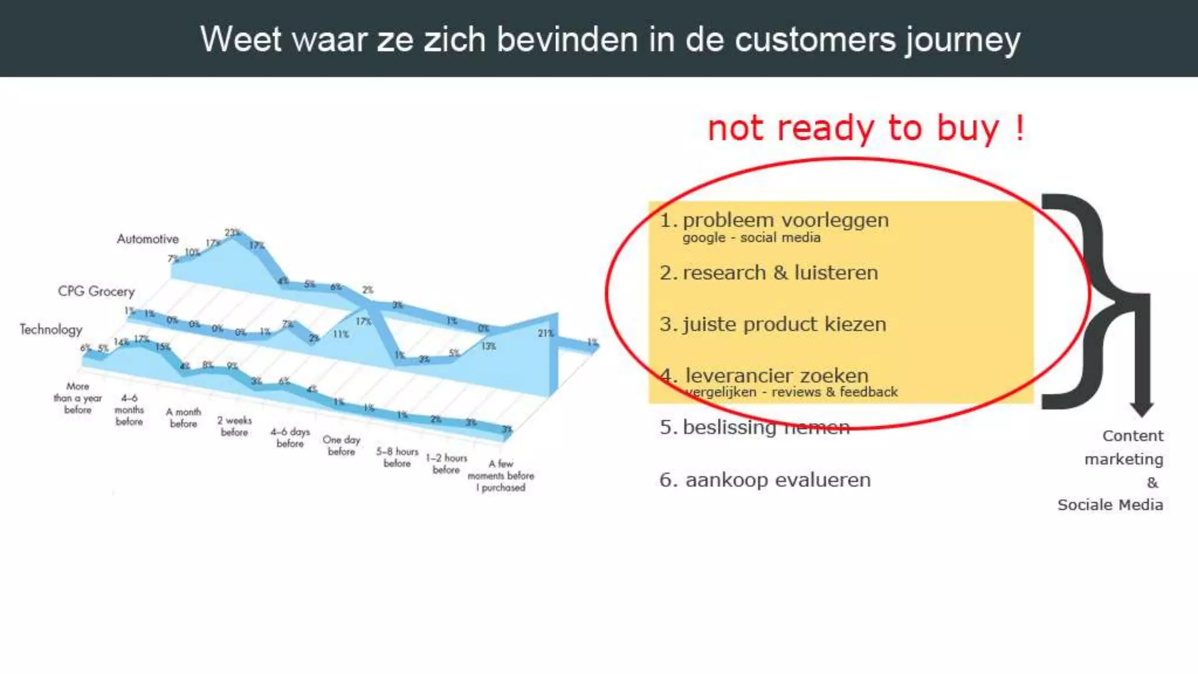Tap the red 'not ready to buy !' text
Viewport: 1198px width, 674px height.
pos(866,128)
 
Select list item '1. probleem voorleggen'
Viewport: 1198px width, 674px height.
pos(774,221)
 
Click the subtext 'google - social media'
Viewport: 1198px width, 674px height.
pos(751,238)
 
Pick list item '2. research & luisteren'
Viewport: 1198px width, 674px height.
pos(769,273)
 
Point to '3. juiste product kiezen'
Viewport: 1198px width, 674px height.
pos(773,324)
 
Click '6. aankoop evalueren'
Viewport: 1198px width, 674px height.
pos(765,480)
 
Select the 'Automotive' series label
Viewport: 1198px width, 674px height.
pos(147,239)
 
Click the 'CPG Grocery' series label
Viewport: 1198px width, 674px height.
pos(96,291)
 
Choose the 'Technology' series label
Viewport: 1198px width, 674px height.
pos(51,329)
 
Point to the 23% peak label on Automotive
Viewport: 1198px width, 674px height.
pos(232,233)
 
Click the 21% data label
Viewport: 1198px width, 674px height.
pos(545,333)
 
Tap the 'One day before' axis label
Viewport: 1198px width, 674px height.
pos(341,445)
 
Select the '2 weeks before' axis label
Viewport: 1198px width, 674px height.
pos(234,426)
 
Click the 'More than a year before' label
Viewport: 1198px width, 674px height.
pos(77,398)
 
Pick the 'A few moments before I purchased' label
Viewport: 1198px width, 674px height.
pos(501,475)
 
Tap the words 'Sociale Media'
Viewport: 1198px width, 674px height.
pos(1110,505)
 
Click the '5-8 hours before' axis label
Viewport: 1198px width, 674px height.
pos(397,457)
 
